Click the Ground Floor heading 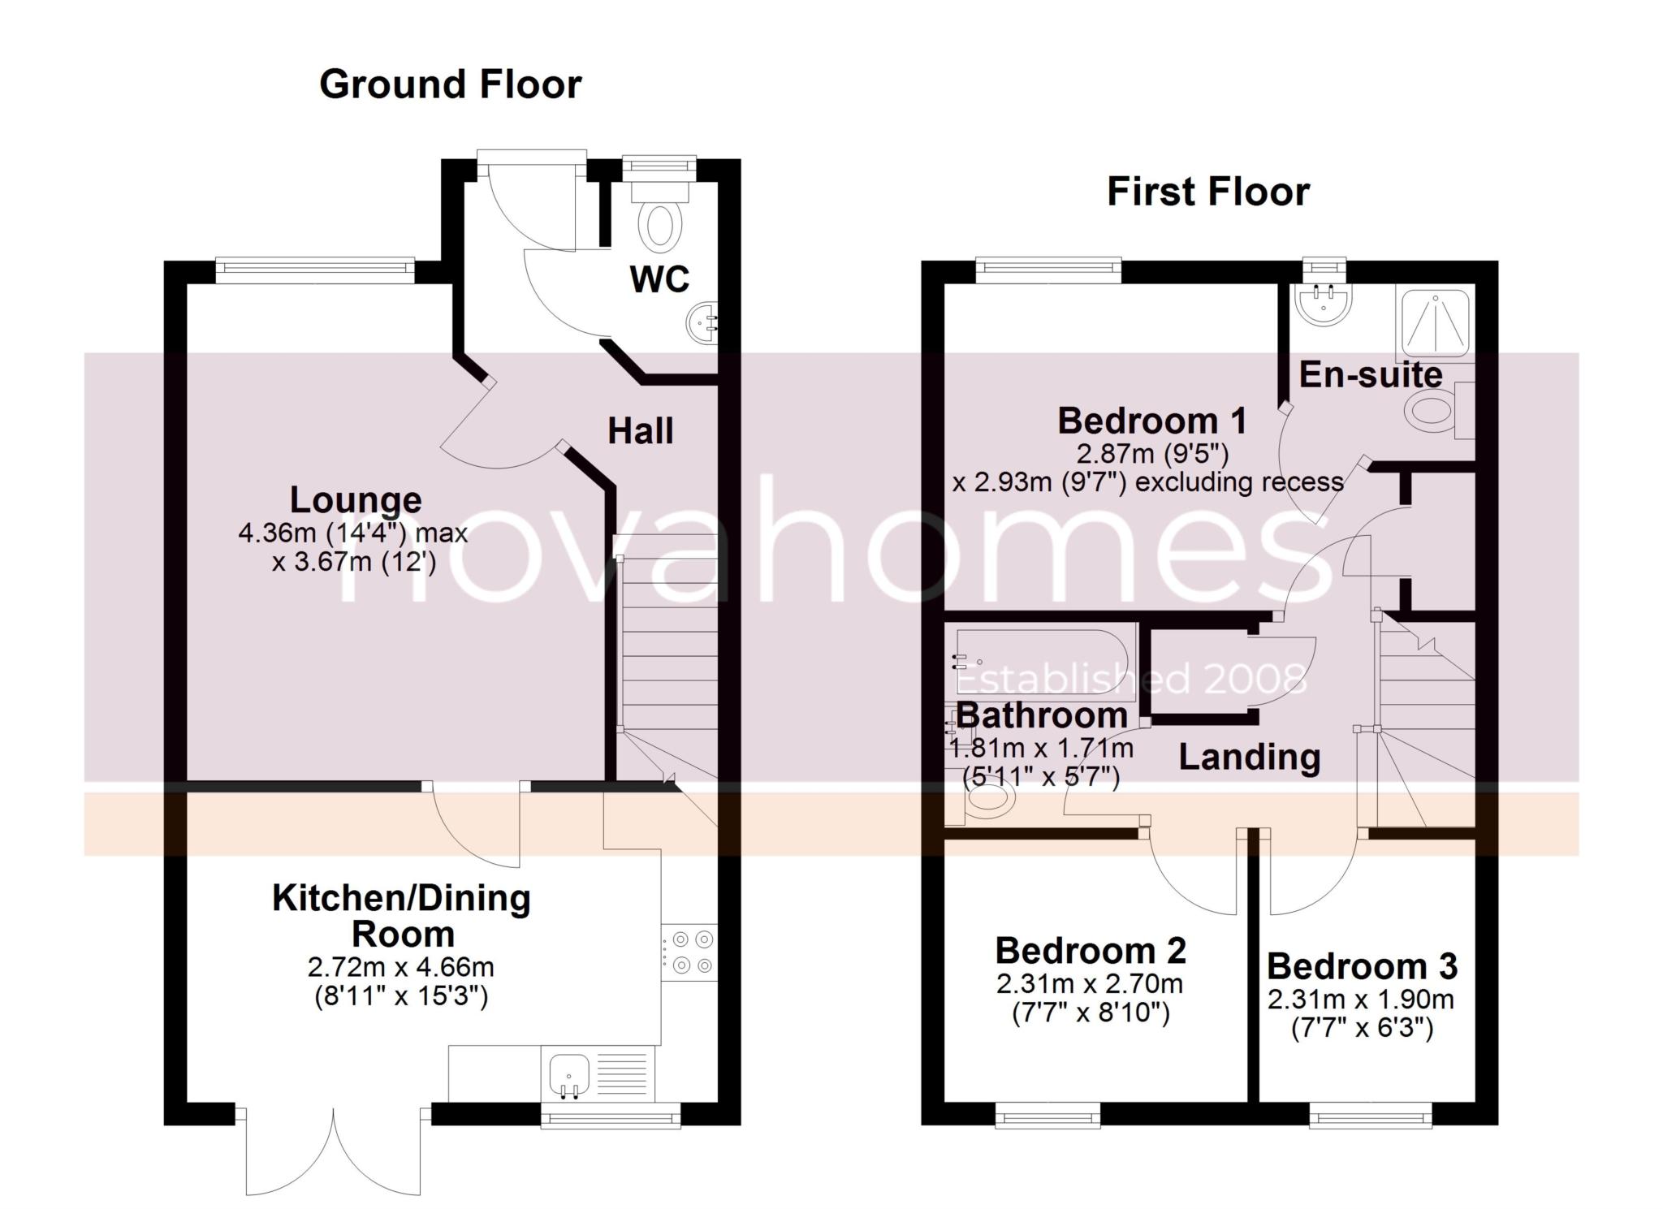(451, 84)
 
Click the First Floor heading (1208, 192)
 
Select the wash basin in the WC (703, 325)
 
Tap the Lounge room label (356, 500)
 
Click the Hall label (641, 430)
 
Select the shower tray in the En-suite (1433, 323)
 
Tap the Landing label (1250, 757)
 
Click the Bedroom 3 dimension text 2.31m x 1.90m (1361, 1000)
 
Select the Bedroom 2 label (1091, 950)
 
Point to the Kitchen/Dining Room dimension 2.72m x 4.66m (401, 967)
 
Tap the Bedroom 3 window (1371, 1115)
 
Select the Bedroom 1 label (1151, 421)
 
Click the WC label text (659, 279)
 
